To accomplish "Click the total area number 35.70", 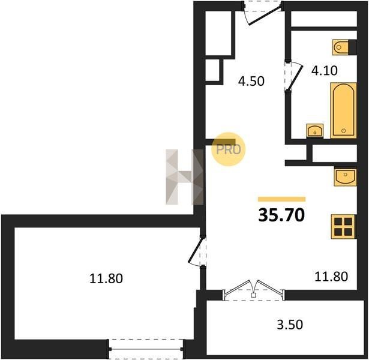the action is [281, 215].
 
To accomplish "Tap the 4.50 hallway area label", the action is [251, 81].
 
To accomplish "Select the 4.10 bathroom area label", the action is [324, 71].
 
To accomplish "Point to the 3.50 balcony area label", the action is [290, 325].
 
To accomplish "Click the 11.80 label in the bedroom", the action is [106, 278].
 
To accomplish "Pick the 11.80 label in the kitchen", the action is [331, 277].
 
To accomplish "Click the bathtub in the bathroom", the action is [343, 110].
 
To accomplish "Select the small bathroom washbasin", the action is [315, 131].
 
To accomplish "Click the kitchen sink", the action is [345, 176].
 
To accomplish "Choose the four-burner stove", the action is [343, 227].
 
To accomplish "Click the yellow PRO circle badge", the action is [228, 149].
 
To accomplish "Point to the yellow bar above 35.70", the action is [281, 199].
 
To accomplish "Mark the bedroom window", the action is [146, 349].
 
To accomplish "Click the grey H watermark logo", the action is [185, 177].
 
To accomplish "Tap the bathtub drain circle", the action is [343, 131].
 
